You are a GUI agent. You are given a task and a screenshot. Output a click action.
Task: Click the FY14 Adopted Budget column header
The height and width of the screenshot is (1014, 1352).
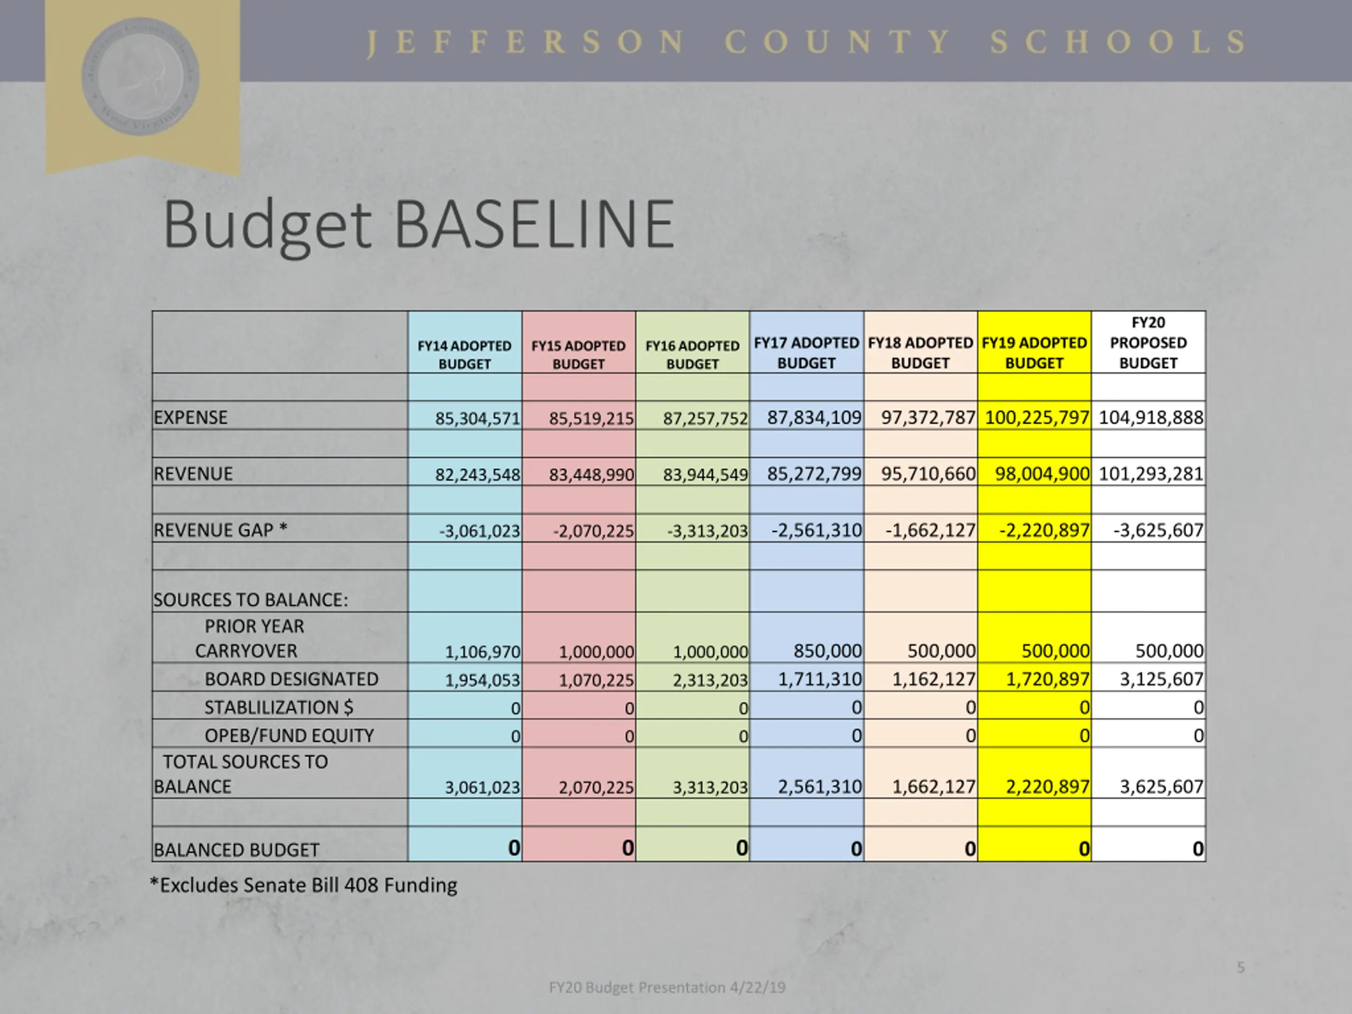tap(465, 354)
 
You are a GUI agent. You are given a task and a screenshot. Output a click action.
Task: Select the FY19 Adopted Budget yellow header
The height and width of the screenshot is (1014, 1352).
tap(1034, 353)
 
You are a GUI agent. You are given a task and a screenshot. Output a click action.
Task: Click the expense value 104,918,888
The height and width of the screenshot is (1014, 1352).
tap(1150, 417)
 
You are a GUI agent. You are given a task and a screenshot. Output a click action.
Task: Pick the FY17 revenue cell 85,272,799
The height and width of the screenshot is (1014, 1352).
tap(813, 474)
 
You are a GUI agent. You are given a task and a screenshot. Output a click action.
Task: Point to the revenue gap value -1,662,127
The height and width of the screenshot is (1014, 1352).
tap(929, 530)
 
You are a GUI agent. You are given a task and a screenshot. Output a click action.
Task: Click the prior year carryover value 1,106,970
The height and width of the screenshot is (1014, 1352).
tap(482, 652)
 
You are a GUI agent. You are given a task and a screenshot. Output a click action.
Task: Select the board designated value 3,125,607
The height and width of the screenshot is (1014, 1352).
tap(1161, 679)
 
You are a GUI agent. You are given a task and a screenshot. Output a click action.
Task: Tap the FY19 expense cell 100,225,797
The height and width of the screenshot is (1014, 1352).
tap(1037, 417)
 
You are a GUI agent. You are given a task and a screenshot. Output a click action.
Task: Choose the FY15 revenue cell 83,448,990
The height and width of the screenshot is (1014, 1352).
tap(591, 474)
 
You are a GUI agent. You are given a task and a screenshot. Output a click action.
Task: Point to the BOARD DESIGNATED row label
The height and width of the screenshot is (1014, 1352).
tap(291, 679)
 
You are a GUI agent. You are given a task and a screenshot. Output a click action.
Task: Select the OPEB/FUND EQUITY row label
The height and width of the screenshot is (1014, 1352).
tap(288, 735)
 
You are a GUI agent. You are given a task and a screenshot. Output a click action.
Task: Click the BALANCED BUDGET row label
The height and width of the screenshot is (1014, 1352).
tap(236, 850)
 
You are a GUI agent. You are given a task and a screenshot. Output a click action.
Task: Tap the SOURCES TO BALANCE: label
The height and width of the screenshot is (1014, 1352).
tap(251, 599)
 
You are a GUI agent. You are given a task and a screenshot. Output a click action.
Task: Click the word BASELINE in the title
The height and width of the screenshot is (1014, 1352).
tap(534, 225)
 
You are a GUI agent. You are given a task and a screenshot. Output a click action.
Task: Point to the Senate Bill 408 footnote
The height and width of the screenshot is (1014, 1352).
tap(303, 885)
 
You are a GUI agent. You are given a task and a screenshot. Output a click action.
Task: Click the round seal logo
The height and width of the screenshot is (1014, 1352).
tap(140, 77)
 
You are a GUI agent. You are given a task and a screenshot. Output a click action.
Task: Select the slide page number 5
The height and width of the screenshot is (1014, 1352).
tap(1240, 967)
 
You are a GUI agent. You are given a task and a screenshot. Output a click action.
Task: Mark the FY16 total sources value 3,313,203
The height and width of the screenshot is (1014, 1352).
tap(710, 787)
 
